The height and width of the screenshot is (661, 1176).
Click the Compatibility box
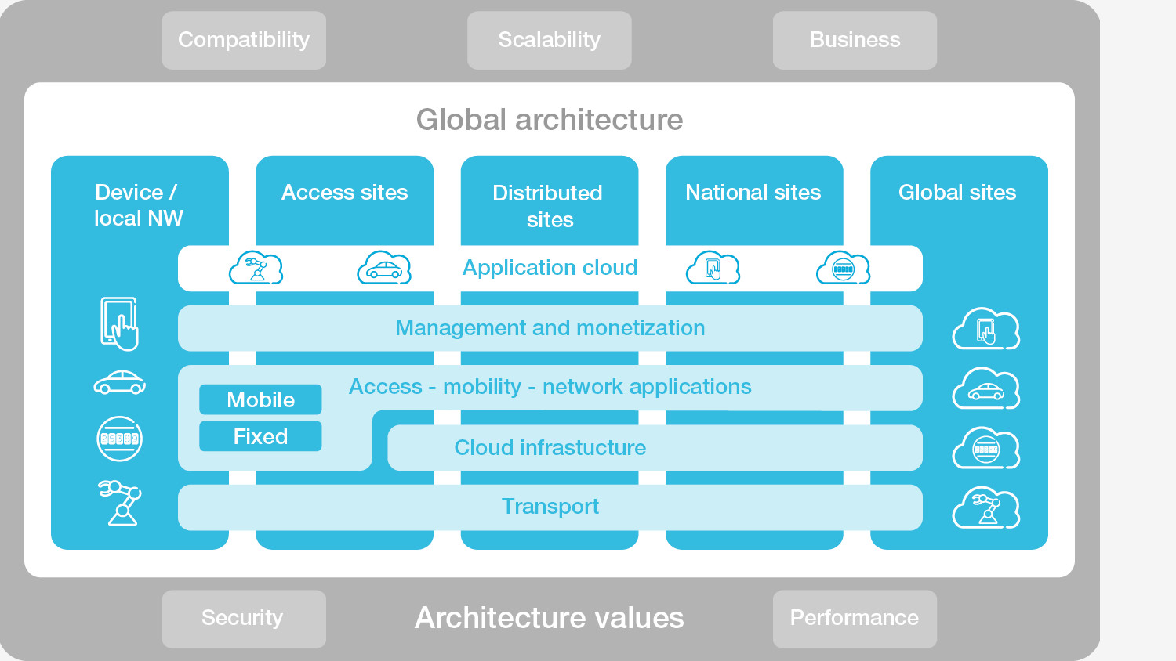coord(244,40)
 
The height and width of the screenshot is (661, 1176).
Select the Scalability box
coord(549,40)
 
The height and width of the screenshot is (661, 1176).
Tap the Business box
coord(855,40)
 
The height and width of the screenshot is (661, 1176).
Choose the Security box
coord(243,618)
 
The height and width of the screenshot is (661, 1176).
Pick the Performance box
coord(855,618)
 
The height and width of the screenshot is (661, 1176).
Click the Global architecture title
coord(549,120)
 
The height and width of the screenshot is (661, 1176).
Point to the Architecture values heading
coord(549,618)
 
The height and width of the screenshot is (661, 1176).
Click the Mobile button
coord(260,399)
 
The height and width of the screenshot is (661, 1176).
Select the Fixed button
coord(260,436)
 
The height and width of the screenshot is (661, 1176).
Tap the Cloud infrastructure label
coord(550,447)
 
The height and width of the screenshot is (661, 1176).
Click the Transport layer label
coord(550,507)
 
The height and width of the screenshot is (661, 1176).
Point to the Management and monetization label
coord(550,327)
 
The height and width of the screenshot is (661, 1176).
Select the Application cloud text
coord(550,268)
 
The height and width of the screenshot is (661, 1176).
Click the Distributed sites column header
coord(549,205)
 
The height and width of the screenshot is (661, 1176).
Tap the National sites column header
coord(753,193)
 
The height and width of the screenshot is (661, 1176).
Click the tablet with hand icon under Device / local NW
coord(119,323)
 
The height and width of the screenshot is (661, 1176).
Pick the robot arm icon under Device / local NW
coord(120,502)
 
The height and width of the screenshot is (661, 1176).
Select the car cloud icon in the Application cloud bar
coord(383,269)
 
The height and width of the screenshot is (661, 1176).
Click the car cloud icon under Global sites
coord(985,389)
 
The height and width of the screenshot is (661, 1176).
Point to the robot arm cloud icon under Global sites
coord(985,508)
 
